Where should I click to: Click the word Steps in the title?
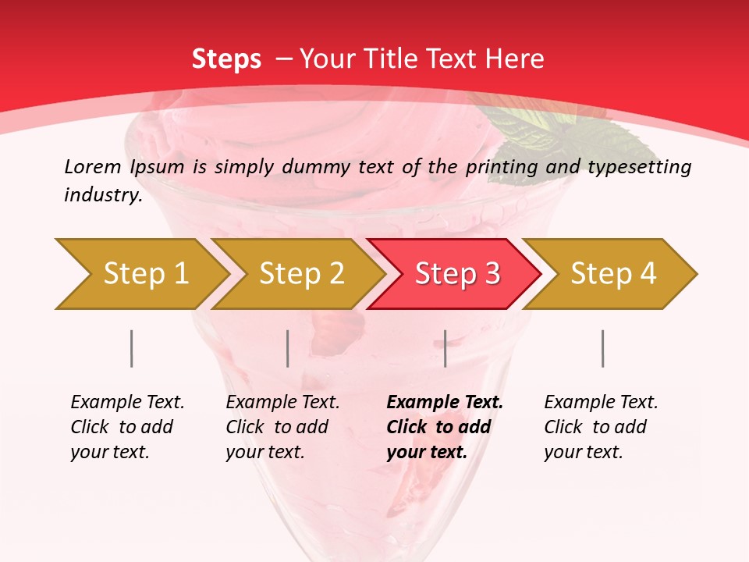(226, 59)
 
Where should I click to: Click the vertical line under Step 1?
(132, 348)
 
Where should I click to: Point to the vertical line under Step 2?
(288, 348)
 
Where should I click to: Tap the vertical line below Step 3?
(445, 348)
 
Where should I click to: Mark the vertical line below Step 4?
(603, 348)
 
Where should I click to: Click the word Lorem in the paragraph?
(93, 166)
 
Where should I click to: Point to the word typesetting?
(639, 167)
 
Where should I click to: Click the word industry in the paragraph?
(103, 195)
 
